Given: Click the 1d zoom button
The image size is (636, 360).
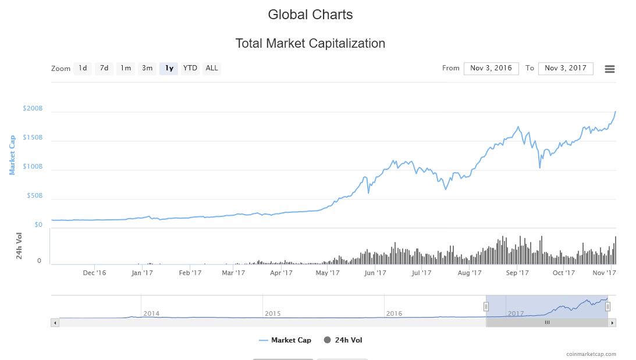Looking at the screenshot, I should point(83,69).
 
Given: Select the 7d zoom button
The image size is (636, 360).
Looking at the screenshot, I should point(104,69).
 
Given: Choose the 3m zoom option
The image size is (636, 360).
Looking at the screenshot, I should point(147,69).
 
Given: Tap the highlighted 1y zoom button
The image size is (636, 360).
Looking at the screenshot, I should point(169,69).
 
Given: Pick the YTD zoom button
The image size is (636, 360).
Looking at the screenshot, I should point(190,69).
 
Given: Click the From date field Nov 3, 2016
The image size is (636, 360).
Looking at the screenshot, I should point(491,69).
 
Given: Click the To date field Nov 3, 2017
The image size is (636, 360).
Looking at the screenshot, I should point(566,69).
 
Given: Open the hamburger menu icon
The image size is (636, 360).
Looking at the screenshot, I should point(610,69).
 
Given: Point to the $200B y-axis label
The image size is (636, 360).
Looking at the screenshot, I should point(33,109).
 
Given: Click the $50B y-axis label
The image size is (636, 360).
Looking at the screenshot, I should point(34,196).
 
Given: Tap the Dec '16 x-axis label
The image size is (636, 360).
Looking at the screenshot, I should point(94,273).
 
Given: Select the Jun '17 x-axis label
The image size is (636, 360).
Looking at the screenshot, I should point(375,273).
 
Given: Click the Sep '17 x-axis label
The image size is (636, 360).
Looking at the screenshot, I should point(517,273).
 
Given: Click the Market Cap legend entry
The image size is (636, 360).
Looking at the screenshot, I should point(285,340).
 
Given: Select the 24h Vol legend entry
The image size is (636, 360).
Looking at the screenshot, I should point(343,340).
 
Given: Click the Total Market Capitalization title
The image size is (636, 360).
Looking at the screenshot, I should point(310,44).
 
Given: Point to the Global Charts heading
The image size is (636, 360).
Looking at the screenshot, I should point(310,15).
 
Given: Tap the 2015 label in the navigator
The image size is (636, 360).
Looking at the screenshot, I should point(272,313).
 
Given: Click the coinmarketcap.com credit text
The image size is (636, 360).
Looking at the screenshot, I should point(591,354).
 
